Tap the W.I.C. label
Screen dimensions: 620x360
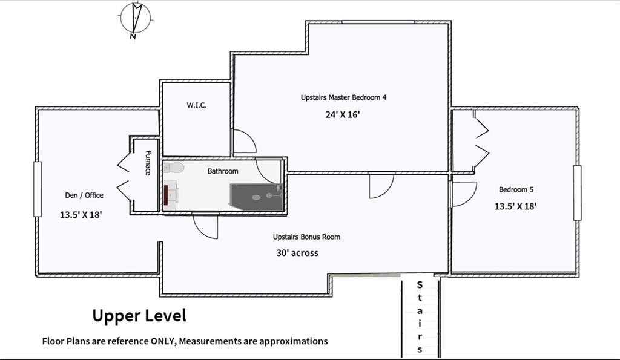point(197,105)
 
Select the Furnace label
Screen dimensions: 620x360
point(148,163)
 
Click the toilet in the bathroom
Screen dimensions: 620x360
point(174,168)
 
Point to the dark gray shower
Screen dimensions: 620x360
point(257,197)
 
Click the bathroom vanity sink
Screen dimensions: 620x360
point(170,193)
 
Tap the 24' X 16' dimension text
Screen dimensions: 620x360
point(343,114)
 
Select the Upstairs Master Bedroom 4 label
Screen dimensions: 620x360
point(343,97)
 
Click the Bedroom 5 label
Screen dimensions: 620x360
point(516,190)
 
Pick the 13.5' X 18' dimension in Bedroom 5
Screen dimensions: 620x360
point(516,206)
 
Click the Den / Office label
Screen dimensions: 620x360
point(84,195)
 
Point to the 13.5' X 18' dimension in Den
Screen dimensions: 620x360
point(81,215)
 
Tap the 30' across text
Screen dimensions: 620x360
point(297,253)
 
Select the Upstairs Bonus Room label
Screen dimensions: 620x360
point(306,237)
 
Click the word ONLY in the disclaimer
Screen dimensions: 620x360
point(162,341)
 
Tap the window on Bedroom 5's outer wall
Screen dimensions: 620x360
point(577,192)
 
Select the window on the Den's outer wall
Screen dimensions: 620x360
point(38,189)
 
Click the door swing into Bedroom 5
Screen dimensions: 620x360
point(463,194)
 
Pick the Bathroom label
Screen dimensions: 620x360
point(223,171)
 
